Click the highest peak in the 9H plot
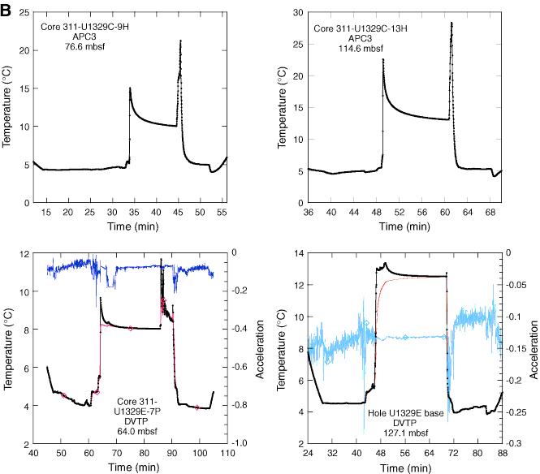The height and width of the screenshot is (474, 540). (x=180, y=40)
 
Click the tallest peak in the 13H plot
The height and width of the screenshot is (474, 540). (x=451, y=23)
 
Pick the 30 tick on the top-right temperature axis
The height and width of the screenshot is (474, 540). (x=299, y=12)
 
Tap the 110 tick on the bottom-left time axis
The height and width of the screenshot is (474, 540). (x=226, y=452)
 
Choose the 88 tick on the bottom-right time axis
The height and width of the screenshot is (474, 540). (x=503, y=452)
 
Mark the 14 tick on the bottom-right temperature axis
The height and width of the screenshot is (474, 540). (x=297, y=254)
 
